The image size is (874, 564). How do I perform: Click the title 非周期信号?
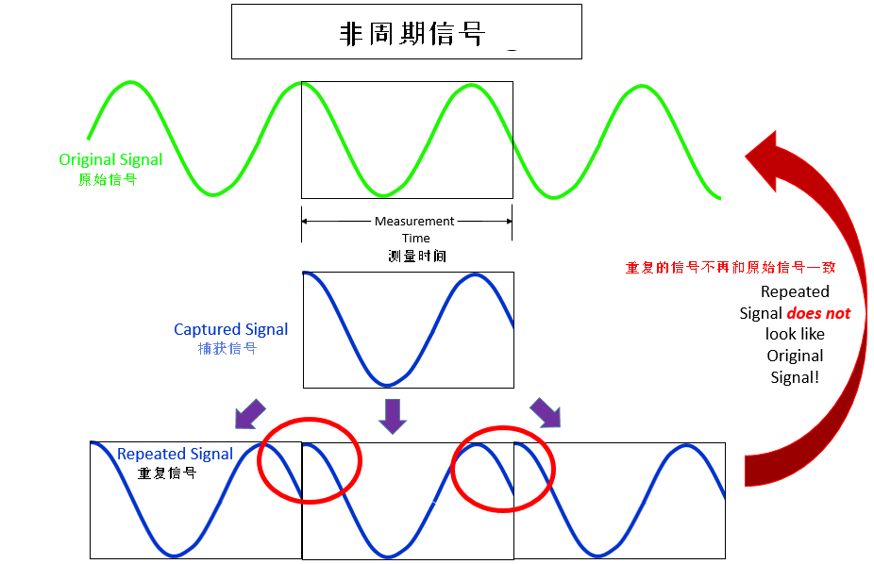[x=412, y=34]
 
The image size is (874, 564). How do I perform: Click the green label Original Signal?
[x=110, y=159]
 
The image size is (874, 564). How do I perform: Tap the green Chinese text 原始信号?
[x=108, y=179]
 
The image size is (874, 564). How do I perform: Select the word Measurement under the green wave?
[x=414, y=222]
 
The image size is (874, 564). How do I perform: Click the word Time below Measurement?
[x=415, y=239]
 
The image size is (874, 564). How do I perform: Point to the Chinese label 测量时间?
[x=416, y=256]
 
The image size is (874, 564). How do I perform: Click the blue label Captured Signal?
[x=231, y=329]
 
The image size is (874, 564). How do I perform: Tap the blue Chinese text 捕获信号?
[x=227, y=348]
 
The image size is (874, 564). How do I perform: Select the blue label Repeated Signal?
[x=175, y=454]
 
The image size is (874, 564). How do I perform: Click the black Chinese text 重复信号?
[x=167, y=473]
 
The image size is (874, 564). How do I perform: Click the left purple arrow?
[x=250, y=412]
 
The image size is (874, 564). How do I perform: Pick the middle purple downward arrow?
[x=392, y=414]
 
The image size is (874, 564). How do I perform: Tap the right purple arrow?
[x=544, y=411]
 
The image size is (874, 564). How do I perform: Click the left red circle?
[x=310, y=458]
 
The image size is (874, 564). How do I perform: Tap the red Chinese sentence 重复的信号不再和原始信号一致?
[x=731, y=268]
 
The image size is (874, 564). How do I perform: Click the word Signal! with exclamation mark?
[x=795, y=377]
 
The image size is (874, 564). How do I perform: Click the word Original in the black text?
[x=795, y=356]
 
